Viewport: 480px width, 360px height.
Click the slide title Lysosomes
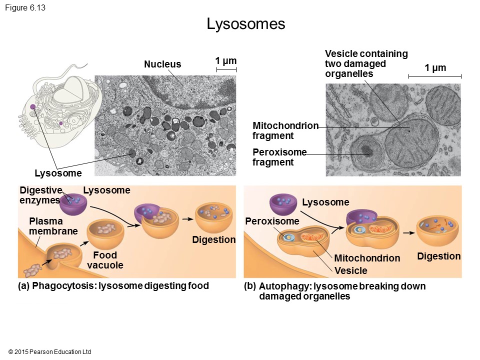tap(246, 24)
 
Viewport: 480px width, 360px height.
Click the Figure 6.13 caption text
tap(25, 7)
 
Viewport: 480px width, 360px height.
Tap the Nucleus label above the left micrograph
tap(162, 64)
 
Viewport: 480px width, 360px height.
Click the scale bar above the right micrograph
tap(434, 76)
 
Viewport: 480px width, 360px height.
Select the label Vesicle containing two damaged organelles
tap(366, 63)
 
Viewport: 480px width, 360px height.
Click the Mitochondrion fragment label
tap(285, 130)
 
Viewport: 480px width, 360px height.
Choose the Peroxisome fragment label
tap(279, 157)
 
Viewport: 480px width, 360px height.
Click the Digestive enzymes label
tap(40, 195)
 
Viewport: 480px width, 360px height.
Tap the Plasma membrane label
tap(53, 226)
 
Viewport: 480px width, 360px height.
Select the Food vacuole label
tap(105, 260)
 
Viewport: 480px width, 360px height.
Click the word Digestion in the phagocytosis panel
tap(213, 240)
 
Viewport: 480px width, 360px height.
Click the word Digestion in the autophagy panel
tap(438, 256)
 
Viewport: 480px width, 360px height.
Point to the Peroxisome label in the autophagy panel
tap(272, 221)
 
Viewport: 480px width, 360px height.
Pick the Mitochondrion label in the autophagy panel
tap(366, 258)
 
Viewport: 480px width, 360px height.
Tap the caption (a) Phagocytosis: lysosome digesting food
tap(113, 286)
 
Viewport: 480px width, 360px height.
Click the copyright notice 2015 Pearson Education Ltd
tap(49, 352)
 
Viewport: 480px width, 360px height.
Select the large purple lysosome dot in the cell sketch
tap(32, 106)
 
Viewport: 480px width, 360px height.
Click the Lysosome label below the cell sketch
tap(58, 173)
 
